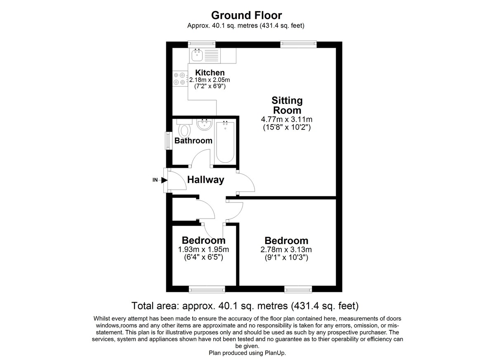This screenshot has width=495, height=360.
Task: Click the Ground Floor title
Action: [246, 15]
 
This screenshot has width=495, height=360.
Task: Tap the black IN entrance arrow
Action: [164, 180]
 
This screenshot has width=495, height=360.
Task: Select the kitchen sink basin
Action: [197, 55]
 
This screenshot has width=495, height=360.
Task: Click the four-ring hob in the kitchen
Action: [179, 79]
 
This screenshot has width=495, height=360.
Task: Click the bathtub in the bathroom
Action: [225, 142]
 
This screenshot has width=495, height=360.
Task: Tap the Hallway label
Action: [205, 180]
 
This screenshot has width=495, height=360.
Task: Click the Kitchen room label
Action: [210, 73]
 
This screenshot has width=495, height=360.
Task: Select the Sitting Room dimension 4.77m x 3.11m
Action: [287, 120]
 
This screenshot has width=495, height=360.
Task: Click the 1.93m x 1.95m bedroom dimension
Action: [203, 249]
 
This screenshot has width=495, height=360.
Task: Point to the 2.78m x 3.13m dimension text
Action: [286, 249]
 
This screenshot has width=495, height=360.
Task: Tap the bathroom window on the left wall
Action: [169, 141]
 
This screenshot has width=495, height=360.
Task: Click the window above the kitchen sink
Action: [202, 44]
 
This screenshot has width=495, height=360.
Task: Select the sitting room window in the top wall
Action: [298, 44]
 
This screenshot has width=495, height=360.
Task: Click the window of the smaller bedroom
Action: [207, 289]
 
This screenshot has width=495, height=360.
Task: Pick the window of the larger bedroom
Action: [298, 289]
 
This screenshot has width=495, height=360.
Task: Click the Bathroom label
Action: [193, 141]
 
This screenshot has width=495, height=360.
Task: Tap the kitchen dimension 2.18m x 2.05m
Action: [210, 80]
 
